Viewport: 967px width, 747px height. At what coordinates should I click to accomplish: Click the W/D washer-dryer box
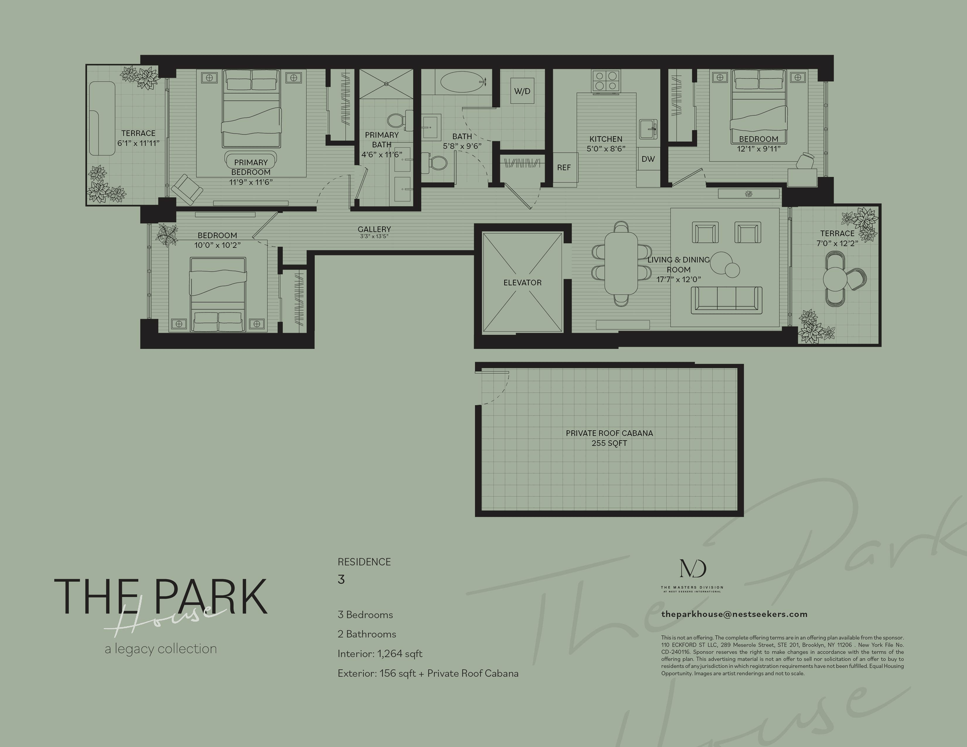522,91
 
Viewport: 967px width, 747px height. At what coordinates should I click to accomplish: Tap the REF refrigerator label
564,168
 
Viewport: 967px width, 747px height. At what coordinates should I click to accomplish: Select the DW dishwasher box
648,159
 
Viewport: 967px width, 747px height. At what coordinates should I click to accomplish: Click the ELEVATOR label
522,283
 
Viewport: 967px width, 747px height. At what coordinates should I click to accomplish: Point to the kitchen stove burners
605,81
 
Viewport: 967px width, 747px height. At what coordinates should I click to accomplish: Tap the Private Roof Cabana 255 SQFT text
609,438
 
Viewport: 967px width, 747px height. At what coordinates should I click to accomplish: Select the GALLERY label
374,229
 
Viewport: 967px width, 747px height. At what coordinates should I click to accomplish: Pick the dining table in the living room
620,263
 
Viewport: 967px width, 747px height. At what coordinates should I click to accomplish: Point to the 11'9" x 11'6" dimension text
250,182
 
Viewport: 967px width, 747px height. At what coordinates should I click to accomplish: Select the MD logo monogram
693,568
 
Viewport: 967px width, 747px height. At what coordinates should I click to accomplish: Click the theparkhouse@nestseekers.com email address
734,614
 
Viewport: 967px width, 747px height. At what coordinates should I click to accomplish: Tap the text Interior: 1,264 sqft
380,654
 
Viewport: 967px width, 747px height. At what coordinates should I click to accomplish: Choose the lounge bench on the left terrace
102,118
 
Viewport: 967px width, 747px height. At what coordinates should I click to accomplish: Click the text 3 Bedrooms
365,615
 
